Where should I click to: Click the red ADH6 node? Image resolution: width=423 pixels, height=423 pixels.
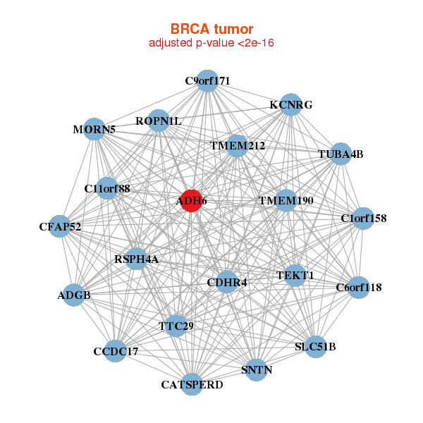[x=191, y=200]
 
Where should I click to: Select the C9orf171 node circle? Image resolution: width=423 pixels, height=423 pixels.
[x=207, y=81]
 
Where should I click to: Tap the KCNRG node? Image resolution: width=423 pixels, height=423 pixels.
[x=290, y=104]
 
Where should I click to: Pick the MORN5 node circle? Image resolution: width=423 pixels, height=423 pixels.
[x=94, y=129]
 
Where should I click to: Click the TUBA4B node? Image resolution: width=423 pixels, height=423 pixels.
[x=341, y=154]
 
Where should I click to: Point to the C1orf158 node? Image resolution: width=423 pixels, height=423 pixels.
[x=363, y=218]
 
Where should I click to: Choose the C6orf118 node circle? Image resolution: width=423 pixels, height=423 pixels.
[x=358, y=287]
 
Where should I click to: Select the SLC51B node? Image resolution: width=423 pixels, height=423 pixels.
[x=315, y=346]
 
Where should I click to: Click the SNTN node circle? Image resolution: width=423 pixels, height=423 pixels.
[x=257, y=369]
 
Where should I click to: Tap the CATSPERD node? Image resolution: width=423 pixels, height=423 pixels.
[x=192, y=384]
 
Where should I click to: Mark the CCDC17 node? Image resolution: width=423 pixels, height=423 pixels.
[x=116, y=350]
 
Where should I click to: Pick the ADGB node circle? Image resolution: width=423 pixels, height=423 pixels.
[x=74, y=295]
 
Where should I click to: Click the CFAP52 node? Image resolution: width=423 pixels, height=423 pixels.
[x=60, y=226]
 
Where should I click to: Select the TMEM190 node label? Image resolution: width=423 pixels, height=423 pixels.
[x=286, y=201]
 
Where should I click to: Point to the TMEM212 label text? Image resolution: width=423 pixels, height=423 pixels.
[x=238, y=146]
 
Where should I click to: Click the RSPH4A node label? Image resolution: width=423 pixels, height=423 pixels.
[x=136, y=259]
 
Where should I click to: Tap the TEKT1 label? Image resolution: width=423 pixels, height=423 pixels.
[x=295, y=275]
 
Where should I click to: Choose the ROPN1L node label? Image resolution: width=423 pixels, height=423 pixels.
[x=159, y=121]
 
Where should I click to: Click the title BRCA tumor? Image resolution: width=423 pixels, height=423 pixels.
[x=211, y=29]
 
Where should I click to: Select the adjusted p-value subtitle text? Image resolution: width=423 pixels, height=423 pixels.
[x=211, y=43]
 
